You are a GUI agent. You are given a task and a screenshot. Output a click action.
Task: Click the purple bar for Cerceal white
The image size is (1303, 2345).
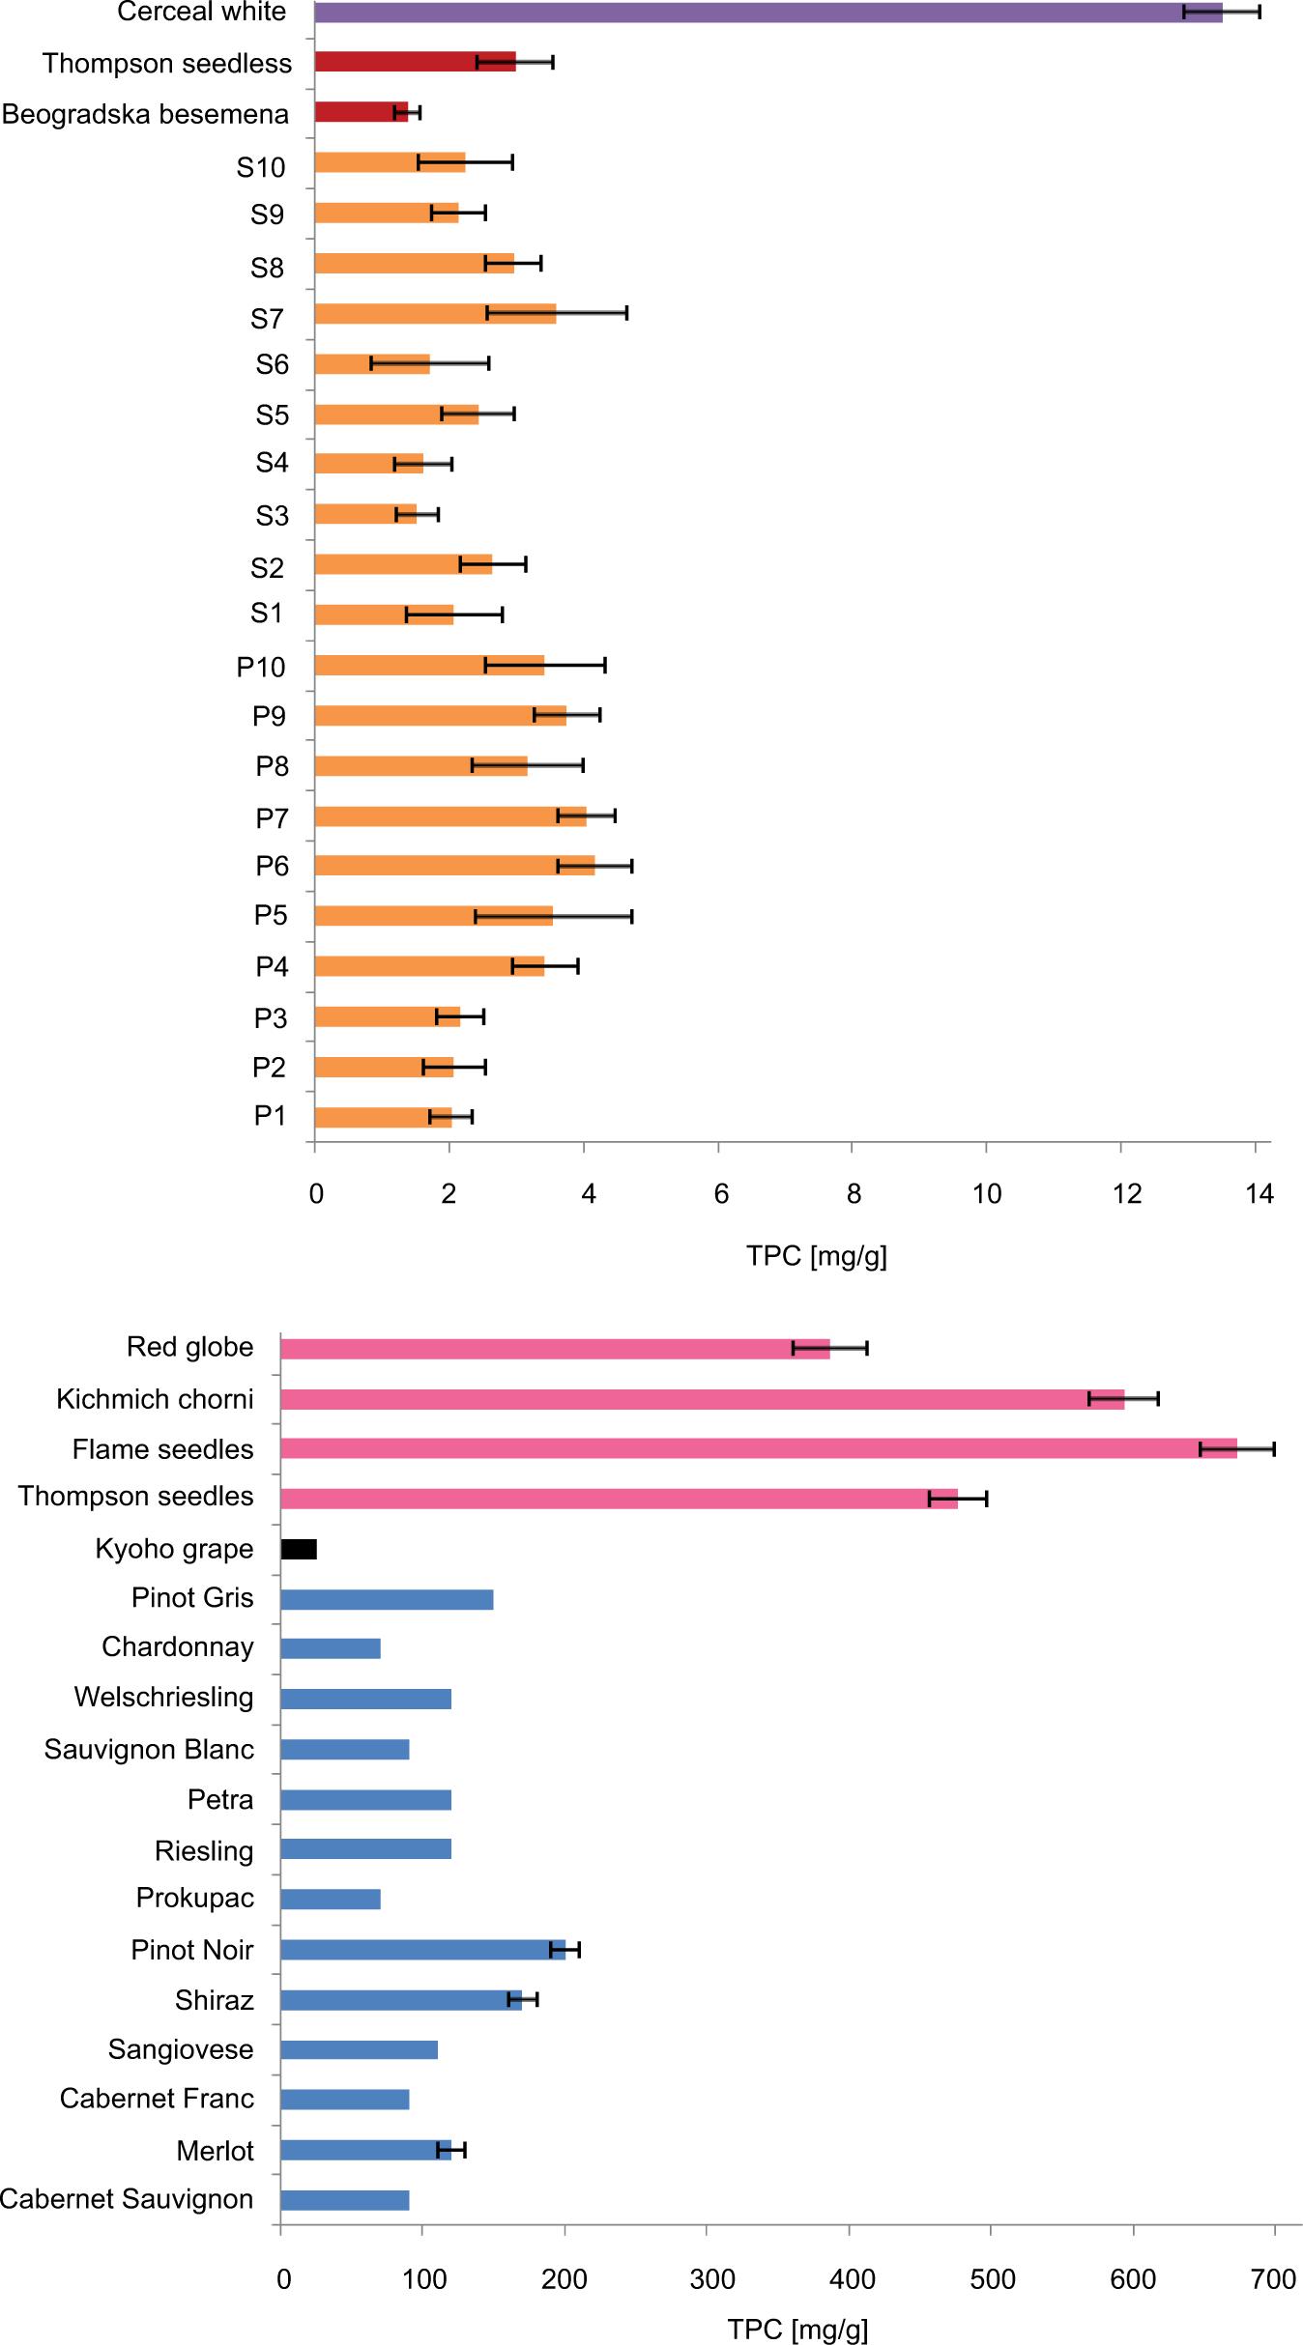click(767, 13)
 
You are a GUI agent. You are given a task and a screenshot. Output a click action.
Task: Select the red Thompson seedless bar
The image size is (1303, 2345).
click(415, 62)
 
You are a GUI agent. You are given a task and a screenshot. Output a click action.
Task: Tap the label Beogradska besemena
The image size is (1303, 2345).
click(146, 114)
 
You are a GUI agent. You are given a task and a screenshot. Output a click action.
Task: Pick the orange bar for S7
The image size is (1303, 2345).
click(435, 313)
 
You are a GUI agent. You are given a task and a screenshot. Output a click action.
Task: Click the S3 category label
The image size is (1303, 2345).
click(272, 516)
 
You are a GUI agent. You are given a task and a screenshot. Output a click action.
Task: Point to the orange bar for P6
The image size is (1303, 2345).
click(454, 866)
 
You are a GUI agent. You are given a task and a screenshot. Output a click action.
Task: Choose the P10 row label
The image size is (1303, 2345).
click(261, 667)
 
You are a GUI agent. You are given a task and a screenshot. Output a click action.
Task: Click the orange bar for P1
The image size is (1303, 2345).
click(383, 1117)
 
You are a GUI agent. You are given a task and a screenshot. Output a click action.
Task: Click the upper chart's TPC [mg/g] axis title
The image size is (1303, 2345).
click(817, 1256)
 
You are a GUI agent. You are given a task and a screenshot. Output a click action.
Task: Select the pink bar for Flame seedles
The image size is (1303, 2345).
click(758, 1448)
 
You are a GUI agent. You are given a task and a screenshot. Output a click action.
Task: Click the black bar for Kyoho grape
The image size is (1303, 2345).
click(299, 1549)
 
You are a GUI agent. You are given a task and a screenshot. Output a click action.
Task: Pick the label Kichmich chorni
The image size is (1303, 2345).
click(155, 1399)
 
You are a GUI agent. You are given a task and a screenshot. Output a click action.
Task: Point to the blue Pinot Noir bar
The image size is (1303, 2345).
click(422, 1950)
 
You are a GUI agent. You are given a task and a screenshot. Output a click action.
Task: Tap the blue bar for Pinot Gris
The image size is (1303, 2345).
click(387, 1599)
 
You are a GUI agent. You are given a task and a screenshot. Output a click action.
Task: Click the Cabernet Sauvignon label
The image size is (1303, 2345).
click(127, 2199)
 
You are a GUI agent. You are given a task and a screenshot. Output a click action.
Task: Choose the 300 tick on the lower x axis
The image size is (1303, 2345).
click(712, 2280)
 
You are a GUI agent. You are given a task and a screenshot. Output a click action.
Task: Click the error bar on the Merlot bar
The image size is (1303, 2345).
click(451, 2150)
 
